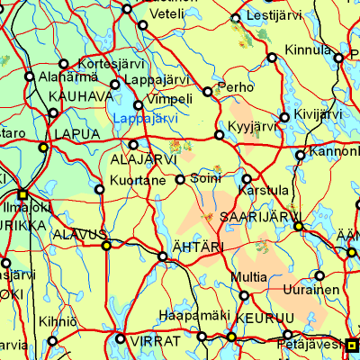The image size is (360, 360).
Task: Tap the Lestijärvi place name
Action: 267,16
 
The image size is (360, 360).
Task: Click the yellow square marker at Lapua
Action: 42,147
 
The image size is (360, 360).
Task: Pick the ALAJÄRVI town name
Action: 140,160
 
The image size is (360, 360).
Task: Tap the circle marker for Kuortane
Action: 99,189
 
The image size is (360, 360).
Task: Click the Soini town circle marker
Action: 180,179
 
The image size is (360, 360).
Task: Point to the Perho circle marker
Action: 208,92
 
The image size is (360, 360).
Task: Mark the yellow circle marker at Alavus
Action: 105,245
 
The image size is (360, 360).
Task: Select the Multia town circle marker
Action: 243,294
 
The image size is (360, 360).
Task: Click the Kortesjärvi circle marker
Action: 63,64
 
